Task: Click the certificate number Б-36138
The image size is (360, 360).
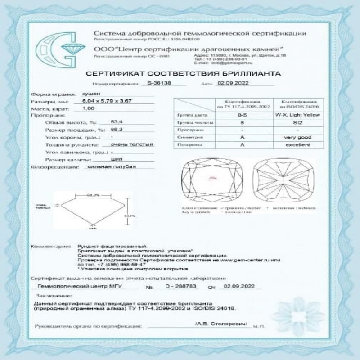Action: coord(157,83)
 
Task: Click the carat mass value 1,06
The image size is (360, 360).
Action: coord(90,109)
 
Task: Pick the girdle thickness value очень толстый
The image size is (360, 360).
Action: coord(133,144)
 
